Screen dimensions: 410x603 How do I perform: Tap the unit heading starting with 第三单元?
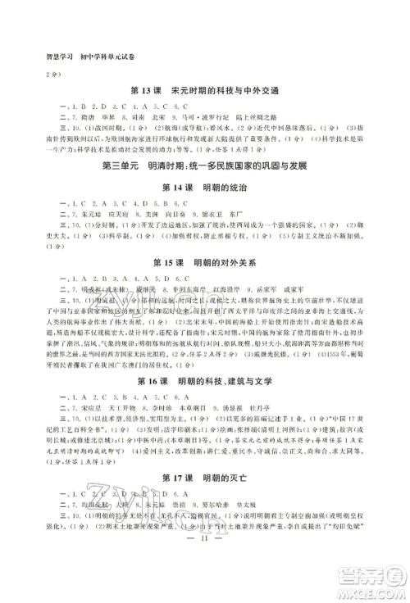point(205,166)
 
